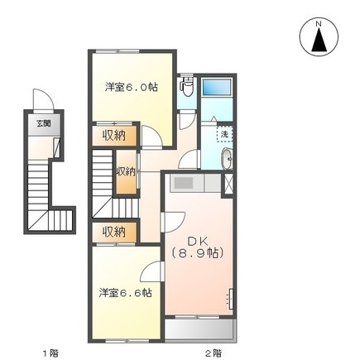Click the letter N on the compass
point(318,25)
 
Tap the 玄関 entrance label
point(41,124)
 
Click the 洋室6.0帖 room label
point(132,86)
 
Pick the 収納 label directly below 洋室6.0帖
point(114,135)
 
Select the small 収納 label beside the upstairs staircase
point(125,171)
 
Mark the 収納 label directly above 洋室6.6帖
point(114,231)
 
